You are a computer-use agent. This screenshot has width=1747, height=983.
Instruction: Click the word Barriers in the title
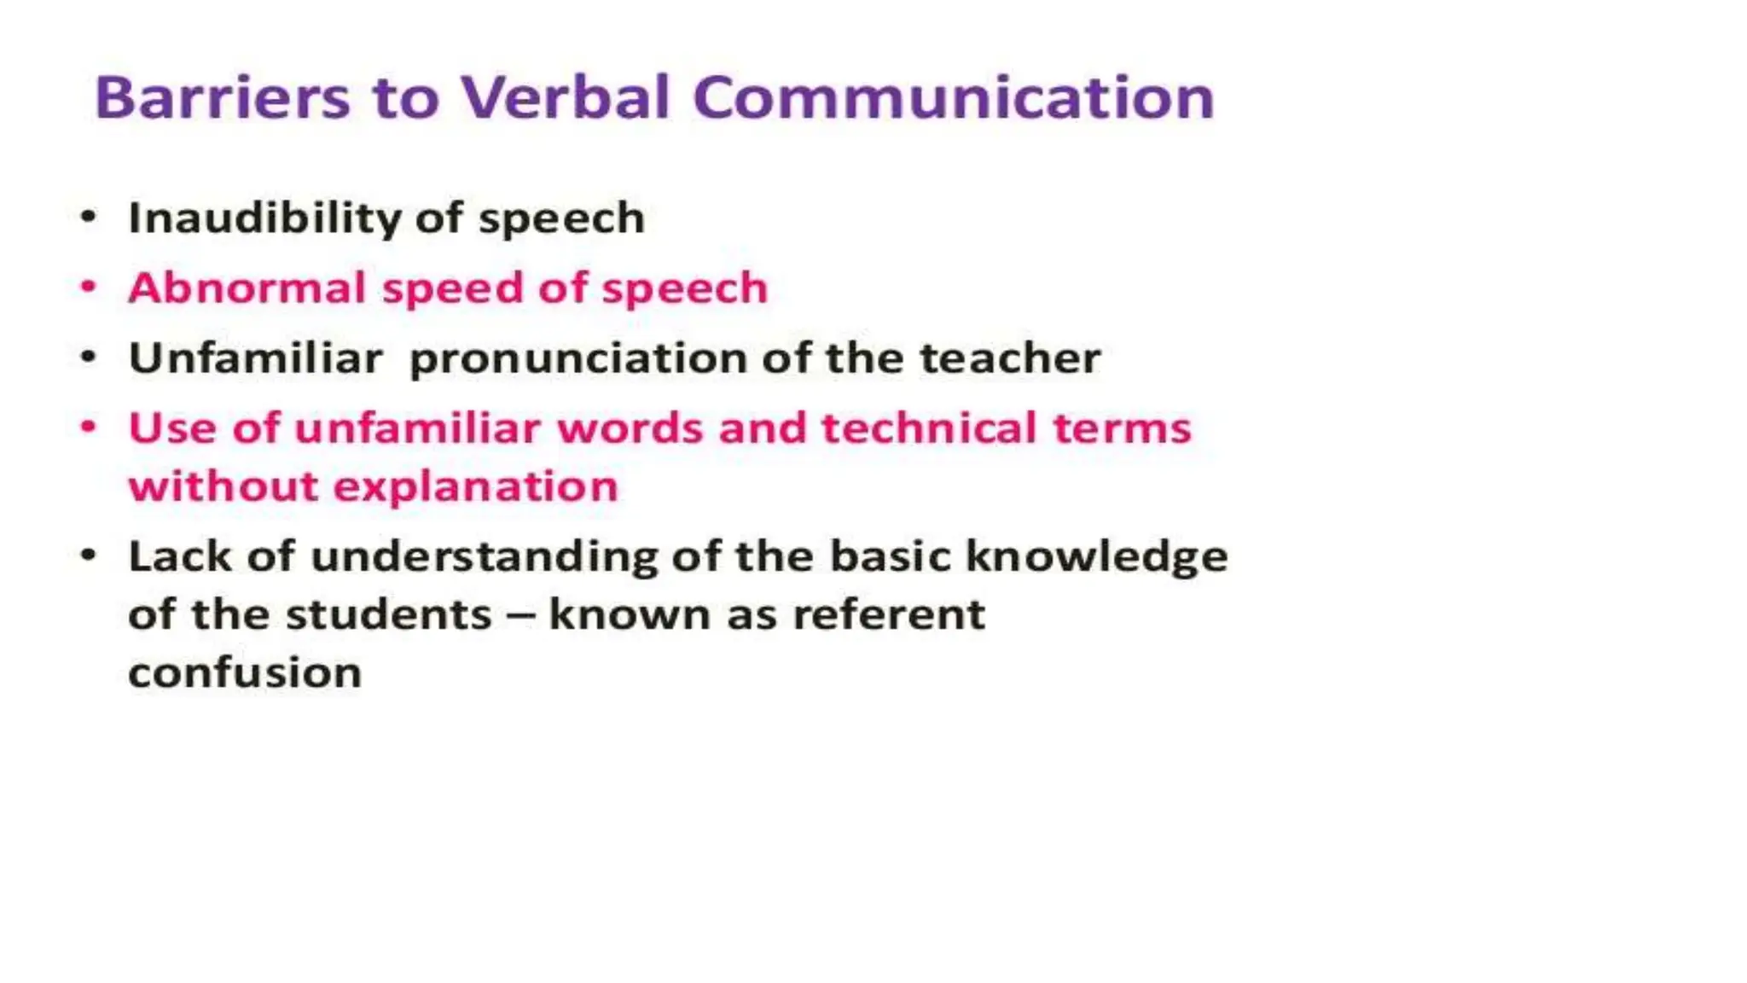[222, 97]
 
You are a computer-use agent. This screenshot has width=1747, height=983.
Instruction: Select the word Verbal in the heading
[566, 97]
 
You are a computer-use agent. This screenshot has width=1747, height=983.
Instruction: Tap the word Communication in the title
[954, 97]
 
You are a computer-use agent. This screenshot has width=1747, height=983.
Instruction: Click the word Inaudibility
[264, 218]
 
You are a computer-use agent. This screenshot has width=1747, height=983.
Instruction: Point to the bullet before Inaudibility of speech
[89, 217]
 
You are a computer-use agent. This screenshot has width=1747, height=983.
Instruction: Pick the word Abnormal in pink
[247, 288]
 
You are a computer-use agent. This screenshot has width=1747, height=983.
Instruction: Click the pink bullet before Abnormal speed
[89, 287]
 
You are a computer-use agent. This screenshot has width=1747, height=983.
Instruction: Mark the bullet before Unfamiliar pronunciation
[89, 357]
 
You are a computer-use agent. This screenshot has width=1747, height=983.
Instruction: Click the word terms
[1122, 428]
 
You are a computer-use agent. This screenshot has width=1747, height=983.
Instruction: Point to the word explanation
[475, 487]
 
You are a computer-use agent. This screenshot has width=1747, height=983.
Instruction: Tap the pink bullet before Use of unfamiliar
[89, 427]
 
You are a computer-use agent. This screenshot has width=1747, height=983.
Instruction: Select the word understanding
[484, 557]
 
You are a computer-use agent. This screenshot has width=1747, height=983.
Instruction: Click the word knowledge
[1097, 557]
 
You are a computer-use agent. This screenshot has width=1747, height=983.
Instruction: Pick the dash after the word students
[520, 615]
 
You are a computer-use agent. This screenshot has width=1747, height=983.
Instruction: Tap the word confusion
[245, 672]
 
